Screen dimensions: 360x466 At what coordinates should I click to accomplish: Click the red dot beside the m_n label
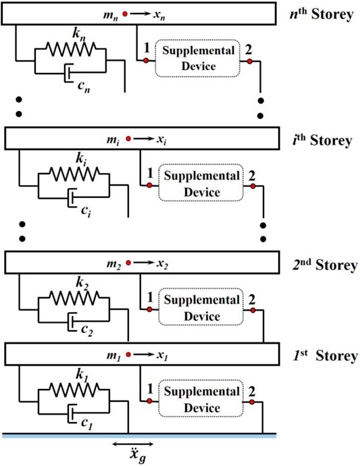click(125, 14)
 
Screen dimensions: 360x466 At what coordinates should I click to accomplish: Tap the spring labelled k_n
click(71, 49)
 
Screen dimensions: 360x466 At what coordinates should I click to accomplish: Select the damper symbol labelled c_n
click(68, 72)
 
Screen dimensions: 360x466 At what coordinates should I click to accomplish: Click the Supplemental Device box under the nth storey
click(197, 58)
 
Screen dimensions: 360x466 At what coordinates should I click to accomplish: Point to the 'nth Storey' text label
click(322, 14)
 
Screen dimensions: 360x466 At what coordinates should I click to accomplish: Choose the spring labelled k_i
click(74, 174)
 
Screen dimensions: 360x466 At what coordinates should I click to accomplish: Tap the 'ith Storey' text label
click(322, 140)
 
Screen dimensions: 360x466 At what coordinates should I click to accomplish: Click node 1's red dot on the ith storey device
click(149, 186)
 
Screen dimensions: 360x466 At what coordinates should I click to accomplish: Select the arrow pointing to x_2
click(144, 263)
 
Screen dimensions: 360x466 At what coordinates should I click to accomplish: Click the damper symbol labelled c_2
click(72, 321)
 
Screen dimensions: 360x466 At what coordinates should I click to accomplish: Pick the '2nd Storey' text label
click(325, 265)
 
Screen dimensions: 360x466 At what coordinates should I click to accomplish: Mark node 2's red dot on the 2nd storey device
click(253, 310)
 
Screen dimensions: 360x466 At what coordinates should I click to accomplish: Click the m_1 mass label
click(113, 355)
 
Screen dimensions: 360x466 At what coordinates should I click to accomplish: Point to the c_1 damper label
click(87, 423)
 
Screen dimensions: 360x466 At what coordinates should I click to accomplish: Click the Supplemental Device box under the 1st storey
click(201, 399)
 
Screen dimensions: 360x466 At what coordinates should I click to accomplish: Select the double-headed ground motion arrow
click(133, 444)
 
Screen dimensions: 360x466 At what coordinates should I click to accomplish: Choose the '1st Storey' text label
click(325, 356)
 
